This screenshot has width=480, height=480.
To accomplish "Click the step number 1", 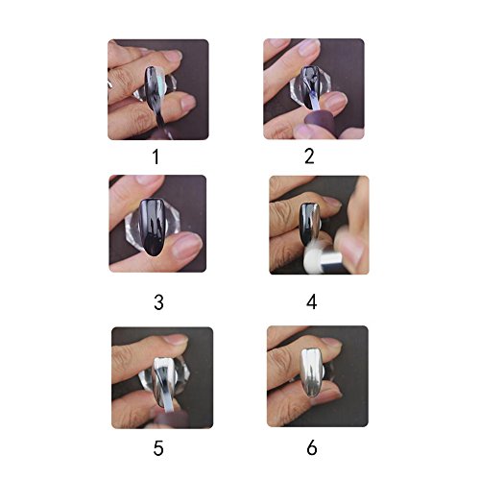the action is (156, 156).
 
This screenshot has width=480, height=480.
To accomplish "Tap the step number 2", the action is (309, 156).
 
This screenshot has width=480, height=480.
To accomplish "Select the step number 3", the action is (158, 302).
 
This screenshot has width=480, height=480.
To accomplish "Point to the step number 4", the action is (312, 302).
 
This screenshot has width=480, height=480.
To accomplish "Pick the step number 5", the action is (158, 448).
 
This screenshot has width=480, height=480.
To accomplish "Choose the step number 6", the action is (312, 447).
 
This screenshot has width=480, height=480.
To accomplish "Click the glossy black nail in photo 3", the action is (153, 227).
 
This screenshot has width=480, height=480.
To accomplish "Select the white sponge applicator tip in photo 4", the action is (312, 255).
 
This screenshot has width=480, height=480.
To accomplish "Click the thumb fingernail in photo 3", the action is (188, 244).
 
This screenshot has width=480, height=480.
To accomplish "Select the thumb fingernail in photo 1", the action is (187, 103).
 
